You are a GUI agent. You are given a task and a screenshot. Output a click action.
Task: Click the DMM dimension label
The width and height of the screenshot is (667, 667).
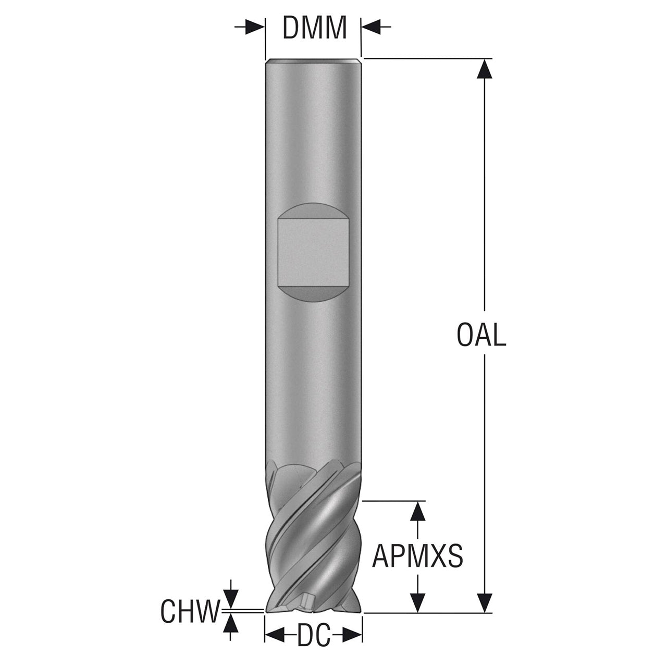(314, 28)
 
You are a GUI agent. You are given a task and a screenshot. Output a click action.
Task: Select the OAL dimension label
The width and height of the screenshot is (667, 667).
(481, 336)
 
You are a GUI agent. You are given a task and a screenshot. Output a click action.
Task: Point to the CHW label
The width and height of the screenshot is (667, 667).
(190, 612)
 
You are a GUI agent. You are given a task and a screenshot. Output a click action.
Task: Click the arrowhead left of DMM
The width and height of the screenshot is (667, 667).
(255, 27)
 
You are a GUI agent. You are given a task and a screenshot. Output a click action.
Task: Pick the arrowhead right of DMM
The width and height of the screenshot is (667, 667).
(371, 27)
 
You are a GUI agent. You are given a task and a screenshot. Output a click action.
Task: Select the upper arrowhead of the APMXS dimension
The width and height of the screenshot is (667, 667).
(418, 511)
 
